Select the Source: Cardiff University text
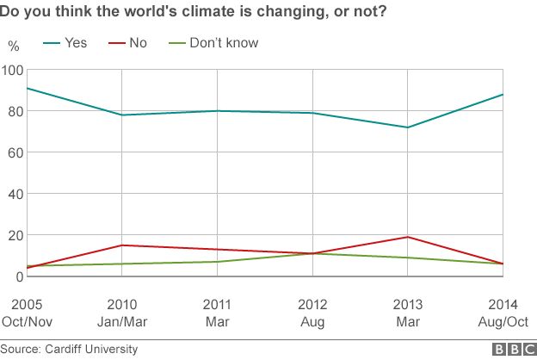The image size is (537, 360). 69,349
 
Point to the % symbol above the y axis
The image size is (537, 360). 13,45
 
